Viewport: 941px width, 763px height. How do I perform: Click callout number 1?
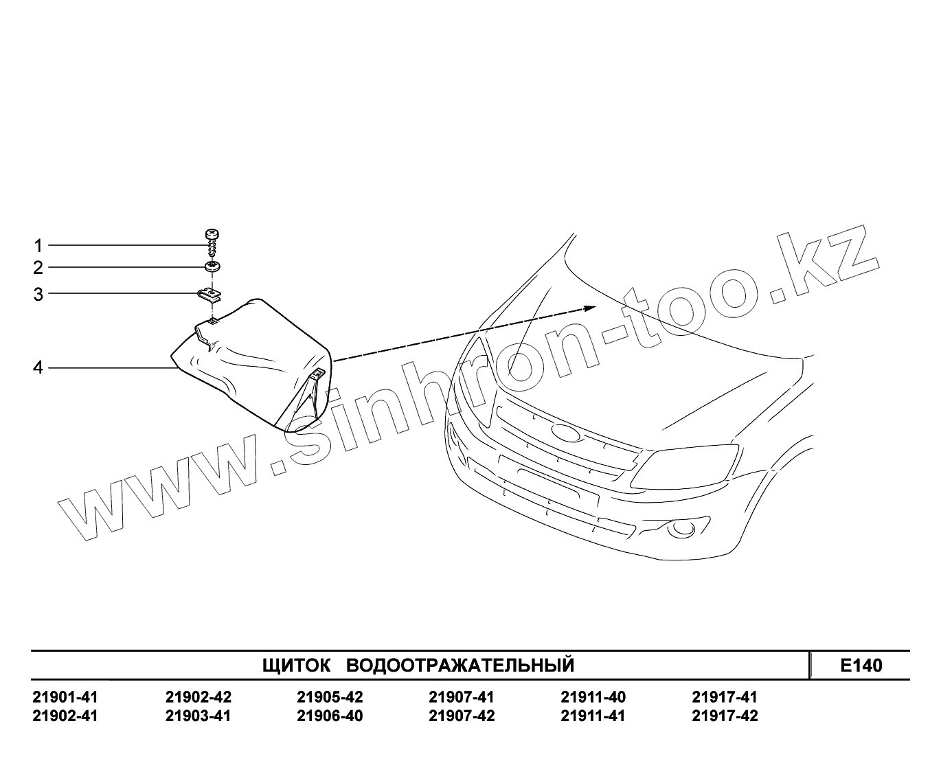[x=38, y=245]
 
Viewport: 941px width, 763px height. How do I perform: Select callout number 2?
[x=38, y=267]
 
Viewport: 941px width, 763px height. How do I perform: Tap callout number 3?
[x=38, y=295]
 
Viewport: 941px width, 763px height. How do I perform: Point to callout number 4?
[x=38, y=368]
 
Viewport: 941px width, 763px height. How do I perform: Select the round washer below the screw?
[x=212, y=266]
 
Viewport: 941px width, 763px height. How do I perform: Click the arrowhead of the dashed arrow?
[x=589, y=307]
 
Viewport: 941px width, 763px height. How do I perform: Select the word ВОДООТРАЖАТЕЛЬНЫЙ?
[x=460, y=665]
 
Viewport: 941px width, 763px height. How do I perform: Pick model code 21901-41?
[x=65, y=697]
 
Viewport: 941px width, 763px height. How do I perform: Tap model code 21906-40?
[x=330, y=716]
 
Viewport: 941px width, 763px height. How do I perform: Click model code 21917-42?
[x=725, y=716]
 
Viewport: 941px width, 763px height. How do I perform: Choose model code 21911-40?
[x=593, y=697]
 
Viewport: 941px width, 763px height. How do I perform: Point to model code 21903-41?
[x=199, y=716]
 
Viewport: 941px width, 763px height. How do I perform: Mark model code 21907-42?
[x=461, y=716]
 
